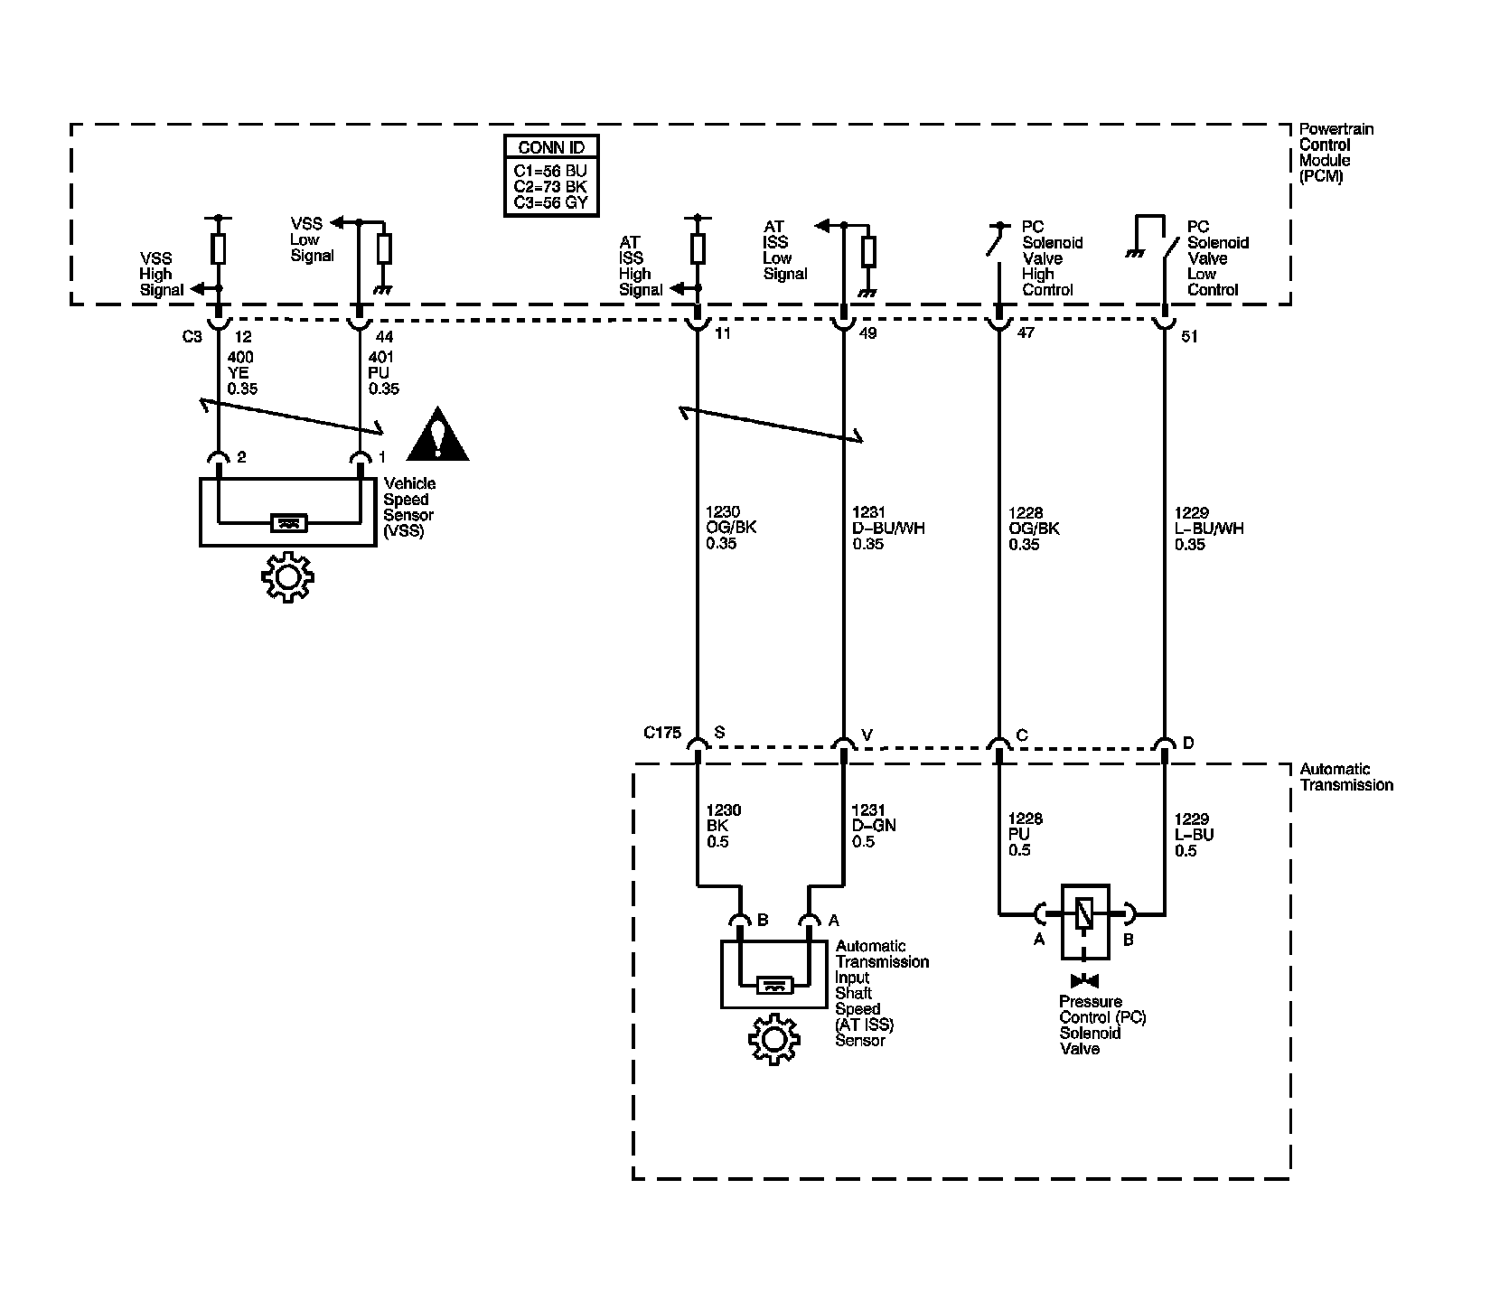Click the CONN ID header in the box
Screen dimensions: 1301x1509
(551, 147)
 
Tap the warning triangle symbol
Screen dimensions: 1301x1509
(437, 435)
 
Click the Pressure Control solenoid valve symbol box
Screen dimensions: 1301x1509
(1085, 921)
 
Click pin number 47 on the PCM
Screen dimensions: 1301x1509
(1026, 333)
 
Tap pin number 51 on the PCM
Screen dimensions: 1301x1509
(1189, 337)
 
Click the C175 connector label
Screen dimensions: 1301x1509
(662, 733)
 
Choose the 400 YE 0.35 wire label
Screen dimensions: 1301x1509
(242, 373)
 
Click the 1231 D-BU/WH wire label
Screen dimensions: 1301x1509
(888, 529)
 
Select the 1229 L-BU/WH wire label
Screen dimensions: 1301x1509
(1209, 529)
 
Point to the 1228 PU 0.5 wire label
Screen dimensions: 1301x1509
(1025, 834)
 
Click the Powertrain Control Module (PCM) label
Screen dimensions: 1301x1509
(1336, 153)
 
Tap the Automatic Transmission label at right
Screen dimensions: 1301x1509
(1345, 777)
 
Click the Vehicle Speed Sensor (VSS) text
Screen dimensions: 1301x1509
(409, 508)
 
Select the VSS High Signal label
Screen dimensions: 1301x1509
(161, 275)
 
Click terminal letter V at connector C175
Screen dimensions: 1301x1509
(867, 735)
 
